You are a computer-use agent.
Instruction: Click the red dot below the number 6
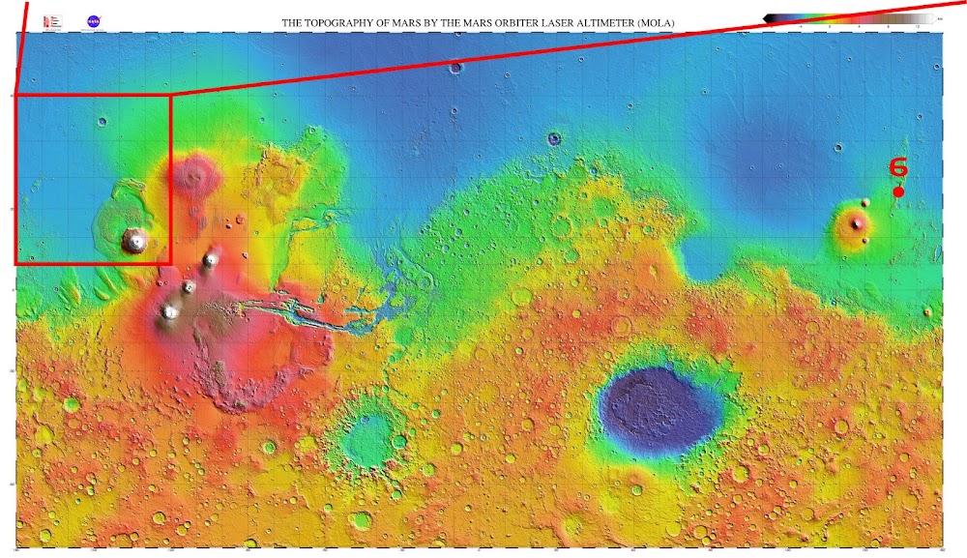(x=898, y=191)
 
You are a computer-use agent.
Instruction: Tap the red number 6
(x=898, y=167)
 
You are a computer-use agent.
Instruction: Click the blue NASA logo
(x=93, y=20)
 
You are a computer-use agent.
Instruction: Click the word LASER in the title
(x=546, y=21)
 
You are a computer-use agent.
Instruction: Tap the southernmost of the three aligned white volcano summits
(x=170, y=311)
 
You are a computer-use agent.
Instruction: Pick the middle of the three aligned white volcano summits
(x=190, y=287)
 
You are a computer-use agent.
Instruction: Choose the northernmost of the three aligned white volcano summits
(x=209, y=260)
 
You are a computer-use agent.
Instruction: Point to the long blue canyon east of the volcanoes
(x=300, y=315)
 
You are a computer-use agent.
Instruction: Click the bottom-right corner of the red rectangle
(x=170, y=263)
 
